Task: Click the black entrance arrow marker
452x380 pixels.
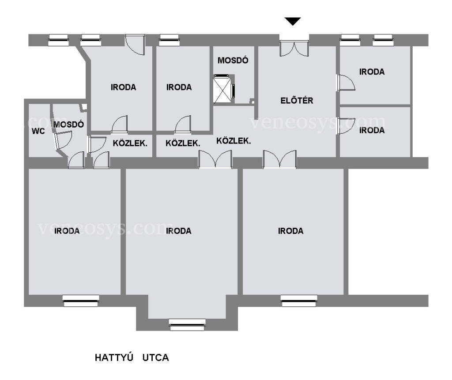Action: (x=293, y=21)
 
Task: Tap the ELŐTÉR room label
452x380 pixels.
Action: (x=297, y=100)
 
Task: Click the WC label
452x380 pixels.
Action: (x=38, y=131)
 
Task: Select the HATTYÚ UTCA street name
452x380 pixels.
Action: (x=132, y=357)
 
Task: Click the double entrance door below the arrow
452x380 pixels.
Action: (x=294, y=49)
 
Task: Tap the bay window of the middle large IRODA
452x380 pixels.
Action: (x=187, y=325)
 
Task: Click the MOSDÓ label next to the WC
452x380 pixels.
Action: (x=68, y=124)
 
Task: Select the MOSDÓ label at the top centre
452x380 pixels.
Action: (x=233, y=60)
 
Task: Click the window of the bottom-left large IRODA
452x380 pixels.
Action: (x=81, y=301)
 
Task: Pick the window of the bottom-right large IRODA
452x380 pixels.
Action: (x=299, y=301)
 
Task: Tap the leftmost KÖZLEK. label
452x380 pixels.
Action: (x=130, y=143)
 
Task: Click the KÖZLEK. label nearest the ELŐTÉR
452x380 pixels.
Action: (x=234, y=141)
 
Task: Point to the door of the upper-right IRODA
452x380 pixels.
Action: (x=346, y=83)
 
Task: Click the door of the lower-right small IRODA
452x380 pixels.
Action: (x=346, y=126)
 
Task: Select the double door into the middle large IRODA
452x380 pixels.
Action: (x=215, y=159)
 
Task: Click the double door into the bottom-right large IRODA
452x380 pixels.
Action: (x=279, y=159)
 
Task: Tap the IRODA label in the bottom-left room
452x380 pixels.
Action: (x=67, y=231)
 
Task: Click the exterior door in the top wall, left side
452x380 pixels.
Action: (x=135, y=45)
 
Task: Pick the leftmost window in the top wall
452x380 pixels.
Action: (x=59, y=40)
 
